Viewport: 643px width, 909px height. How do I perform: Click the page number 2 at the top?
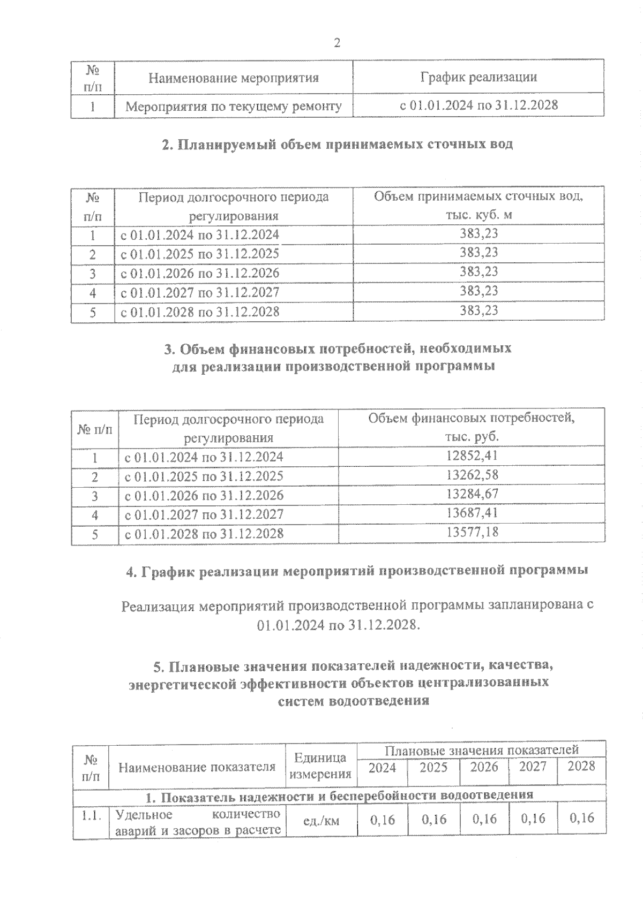pyautogui.click(x=337, y=43)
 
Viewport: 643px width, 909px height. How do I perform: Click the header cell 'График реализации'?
pyautogui.click(x=478, y=77)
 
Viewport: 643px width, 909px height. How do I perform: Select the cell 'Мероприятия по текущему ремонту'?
pyautogui.click(x=234, y=106)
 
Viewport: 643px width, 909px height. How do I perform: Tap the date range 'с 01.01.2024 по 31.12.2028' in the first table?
pyautogui.click(x=478, y=105)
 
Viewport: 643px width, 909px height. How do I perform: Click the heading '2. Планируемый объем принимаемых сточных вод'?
pyautogui.click(x=338, y=144)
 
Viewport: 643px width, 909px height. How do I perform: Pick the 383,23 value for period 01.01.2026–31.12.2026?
pyautogui.click(x=478, y=271)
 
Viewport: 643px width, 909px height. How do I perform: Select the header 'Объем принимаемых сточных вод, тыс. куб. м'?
pyautogui.click(x=478, y=205)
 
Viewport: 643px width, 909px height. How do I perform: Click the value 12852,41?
pyautogui.click(x=472, y=456)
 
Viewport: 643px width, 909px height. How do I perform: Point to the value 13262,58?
pyautogui.click(x=472, y=475)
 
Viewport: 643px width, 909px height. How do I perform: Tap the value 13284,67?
pyautogui.click(x=472, y=494)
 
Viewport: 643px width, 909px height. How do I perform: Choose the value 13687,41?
pyautogui.click(x=472, y=513)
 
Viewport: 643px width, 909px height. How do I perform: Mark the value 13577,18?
pyautogui.click(x=472, y=532)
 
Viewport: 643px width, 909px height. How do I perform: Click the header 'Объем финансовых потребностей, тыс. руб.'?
pyautogui.click(x=472, y=427)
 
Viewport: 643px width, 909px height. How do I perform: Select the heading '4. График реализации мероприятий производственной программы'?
pyautogui.click(x=357, y=571)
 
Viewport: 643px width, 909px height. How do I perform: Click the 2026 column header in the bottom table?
pyautogui.click(x=484, y=767)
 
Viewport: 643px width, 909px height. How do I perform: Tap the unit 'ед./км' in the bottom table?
pyautogui.click(x=321, y=820)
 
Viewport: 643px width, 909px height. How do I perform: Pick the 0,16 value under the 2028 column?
pyautogui.click(x=581, y=818)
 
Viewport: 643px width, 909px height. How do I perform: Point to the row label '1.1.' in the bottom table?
pyautogui.click(x=91, y=815)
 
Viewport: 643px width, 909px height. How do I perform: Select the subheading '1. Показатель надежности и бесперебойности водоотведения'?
pyautogui.click(x=340, y=795)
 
